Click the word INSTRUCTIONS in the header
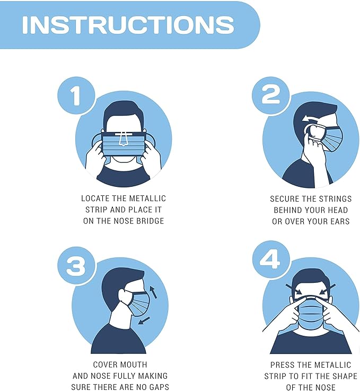[128, 24]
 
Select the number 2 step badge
[270, 95]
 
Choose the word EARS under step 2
[339, 221]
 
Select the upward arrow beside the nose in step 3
[153, 291]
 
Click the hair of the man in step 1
[123, 110]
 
